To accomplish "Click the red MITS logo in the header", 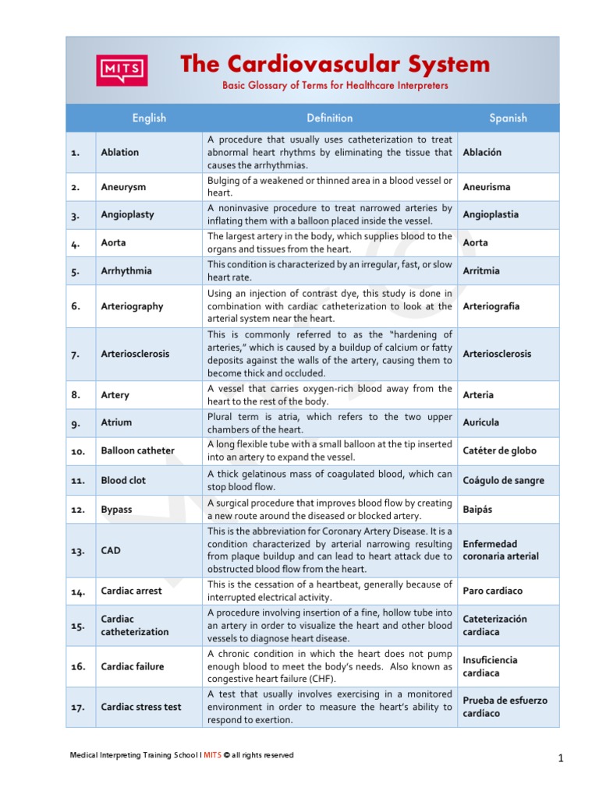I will tap(121, 70).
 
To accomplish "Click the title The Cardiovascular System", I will tap(335, 64).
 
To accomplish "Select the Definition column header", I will tap(329, 118).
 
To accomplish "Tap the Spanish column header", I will tap(508, 118).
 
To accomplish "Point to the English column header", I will tap(149, 118).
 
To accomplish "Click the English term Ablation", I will tap(120, 153).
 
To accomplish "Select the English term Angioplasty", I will tap(127, 215).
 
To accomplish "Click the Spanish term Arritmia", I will tap(481, 271).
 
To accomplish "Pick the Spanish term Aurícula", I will tap(481, 422).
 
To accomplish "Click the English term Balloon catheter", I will tap(137, 450).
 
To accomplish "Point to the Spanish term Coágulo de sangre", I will tap(503, 481).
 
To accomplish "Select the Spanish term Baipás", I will tap(477, 510).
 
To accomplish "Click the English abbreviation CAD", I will tap(111, 550).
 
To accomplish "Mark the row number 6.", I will tap(76, 306).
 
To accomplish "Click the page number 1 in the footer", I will tap(561, 758).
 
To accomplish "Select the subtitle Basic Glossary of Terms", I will tap(335, 86).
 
